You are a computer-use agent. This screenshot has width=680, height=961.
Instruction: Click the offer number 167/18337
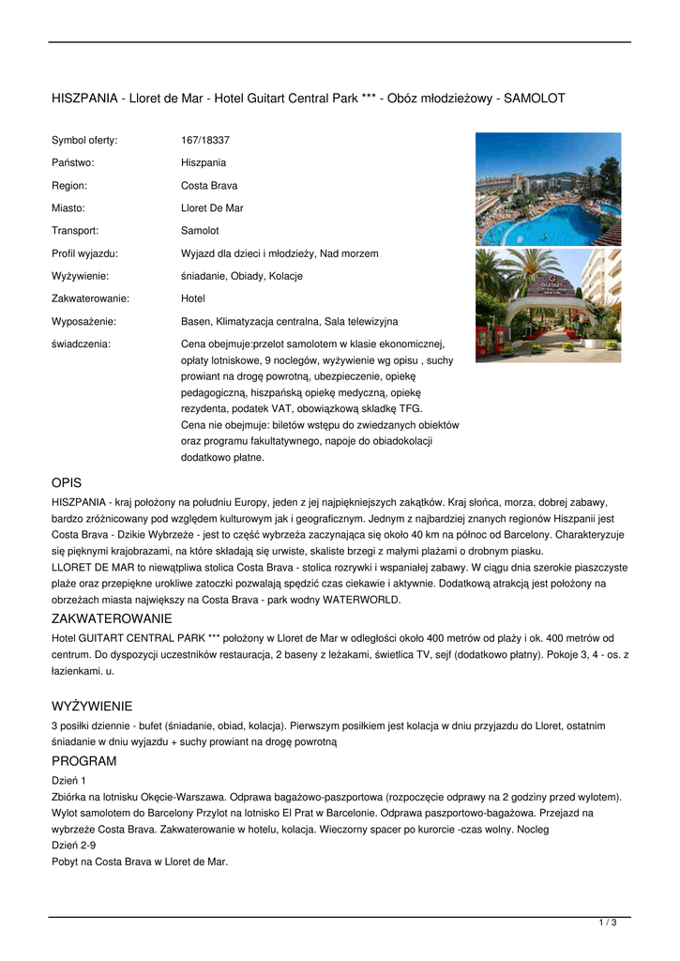pos(205,140)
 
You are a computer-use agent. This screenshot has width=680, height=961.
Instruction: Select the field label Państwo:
pos(73,162)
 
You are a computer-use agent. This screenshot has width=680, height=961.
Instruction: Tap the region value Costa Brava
pos(209,186)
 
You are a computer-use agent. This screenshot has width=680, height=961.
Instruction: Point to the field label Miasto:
pos(68,208)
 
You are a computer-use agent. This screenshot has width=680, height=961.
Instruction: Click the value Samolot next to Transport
pos(200,231)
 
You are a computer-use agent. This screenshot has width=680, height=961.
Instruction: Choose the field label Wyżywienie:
pos(80,276)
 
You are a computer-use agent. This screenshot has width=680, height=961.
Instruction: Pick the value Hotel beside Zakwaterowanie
pos(193,298)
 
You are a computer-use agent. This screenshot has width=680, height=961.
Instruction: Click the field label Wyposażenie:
pos(84,321)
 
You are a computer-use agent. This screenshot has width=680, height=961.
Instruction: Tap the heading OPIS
pos(67,482)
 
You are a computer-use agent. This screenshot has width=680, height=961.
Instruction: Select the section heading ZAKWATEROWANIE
pos(112,619)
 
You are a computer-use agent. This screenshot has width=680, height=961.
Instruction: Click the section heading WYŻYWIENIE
pos(92,706)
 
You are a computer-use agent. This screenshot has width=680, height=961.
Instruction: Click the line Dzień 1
pos(69,780)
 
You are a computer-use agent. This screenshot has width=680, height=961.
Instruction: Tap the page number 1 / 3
pos(608,923)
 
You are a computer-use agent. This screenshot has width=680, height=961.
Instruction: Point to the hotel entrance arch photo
pos(548,305)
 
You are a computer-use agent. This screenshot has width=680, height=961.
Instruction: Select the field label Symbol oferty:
pos(84,140)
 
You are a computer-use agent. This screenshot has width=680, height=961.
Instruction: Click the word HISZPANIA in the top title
pos(85,98)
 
